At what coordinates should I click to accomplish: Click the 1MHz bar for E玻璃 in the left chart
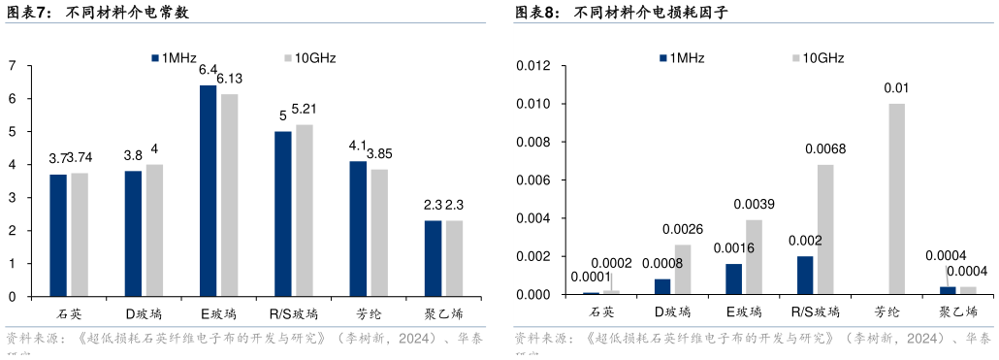[x=208, y=190]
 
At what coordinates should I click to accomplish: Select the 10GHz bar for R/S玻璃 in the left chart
[x=305, y=210]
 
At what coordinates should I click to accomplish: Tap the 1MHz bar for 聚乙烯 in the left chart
[x=433, y=258]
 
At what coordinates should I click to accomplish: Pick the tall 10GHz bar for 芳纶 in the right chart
[x=896, y=199]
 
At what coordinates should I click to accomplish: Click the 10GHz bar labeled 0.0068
[x=825, y=229]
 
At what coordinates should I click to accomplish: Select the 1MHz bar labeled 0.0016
[x=733, y=278]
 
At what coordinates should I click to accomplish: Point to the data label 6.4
[x=208, y=70]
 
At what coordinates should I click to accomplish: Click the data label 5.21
[x=305, y=109]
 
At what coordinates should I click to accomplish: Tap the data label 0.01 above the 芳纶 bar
[x=896, y=88]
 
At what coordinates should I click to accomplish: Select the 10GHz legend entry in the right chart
[x=818, y=58]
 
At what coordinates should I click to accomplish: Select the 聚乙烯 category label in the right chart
[x=957, y=312]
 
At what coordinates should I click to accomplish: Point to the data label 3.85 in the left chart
[x=379, y=153]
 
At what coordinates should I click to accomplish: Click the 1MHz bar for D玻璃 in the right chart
[x=662, y=286]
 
